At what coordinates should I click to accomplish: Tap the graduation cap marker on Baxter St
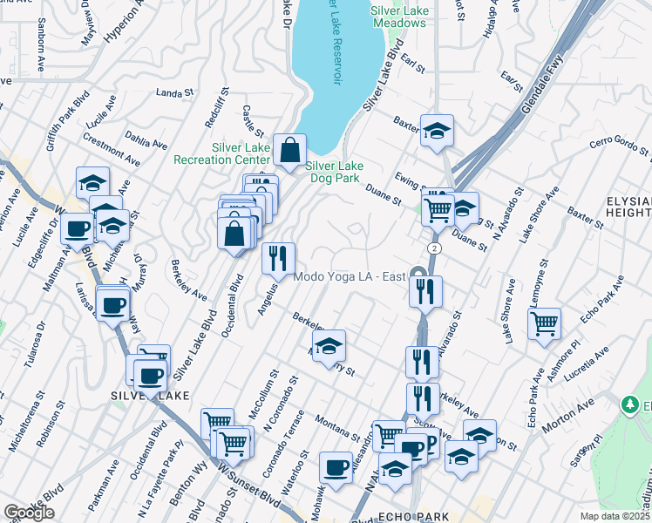[437, 131]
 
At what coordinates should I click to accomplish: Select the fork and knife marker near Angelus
[278, 257]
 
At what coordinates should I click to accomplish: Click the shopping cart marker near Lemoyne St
[544, 323]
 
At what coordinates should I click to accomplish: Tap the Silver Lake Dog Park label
[333, 172]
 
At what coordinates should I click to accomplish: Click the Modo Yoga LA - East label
[350, 277]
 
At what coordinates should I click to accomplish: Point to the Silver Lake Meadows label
[400, 17]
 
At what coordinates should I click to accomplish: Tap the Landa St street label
[173, 92]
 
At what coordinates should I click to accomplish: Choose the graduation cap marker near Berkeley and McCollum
[329, 346]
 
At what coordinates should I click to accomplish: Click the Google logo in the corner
[29, 513]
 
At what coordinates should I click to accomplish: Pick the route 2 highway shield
[433, 248]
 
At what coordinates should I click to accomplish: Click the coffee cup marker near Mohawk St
[336, 468]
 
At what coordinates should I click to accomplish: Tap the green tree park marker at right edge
[630, 405]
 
